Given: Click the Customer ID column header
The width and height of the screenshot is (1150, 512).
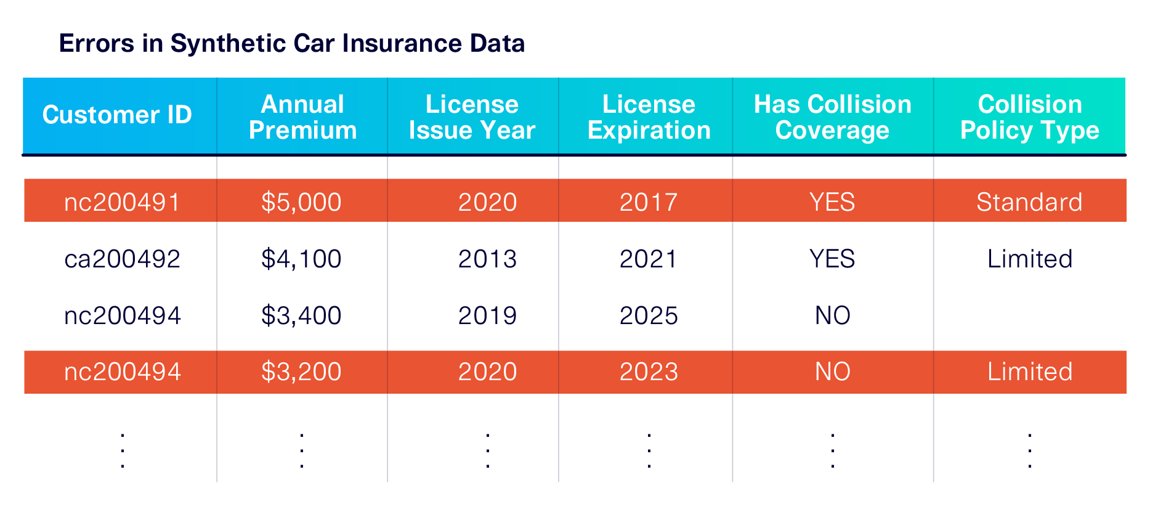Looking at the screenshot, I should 117,115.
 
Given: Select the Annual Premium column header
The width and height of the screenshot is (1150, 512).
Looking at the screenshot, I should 302,117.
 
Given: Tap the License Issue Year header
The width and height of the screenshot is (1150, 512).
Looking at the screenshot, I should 472,117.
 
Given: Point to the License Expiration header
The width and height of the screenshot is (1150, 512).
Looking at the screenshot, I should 649,117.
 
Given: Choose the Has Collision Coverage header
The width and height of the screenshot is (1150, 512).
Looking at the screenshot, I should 832,117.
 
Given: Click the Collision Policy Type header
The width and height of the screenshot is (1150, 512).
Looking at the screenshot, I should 1029,117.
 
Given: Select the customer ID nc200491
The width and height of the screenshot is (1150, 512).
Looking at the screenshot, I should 122,202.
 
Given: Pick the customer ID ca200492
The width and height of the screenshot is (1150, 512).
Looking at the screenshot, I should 122,259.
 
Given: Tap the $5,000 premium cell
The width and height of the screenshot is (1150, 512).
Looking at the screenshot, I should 301,202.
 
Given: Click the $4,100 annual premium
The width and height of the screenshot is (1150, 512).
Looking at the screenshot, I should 301,259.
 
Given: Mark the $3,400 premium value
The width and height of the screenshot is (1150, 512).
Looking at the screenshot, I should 301,315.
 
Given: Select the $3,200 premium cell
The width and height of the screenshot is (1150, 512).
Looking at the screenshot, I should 301,372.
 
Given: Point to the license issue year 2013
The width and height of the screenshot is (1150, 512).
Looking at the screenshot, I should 487,259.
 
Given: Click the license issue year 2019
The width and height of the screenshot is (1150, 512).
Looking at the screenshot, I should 487,315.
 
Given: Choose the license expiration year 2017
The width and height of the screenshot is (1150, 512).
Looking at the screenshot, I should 649,202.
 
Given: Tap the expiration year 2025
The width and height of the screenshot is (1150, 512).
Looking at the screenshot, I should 649,315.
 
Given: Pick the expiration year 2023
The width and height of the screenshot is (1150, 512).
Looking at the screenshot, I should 649,372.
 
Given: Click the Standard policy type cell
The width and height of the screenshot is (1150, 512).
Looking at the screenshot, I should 1029,202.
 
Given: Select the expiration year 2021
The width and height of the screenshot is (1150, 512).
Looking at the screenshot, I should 649,259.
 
